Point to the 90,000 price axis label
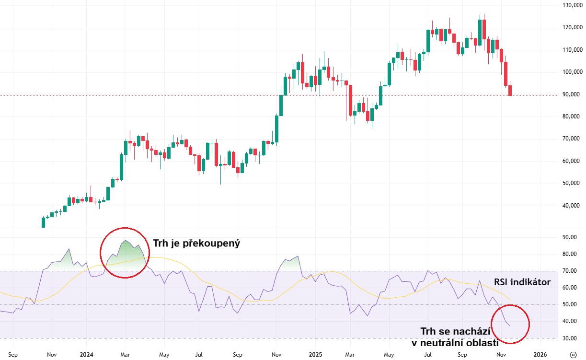574,94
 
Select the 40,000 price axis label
574,206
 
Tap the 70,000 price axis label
574,139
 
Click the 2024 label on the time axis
87,355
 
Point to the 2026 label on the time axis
540,355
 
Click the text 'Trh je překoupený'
196,244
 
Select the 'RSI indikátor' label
522,283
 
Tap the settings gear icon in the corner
574,355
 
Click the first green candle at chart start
43,222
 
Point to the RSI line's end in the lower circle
509,326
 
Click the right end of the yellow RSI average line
509,299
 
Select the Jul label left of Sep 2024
198,355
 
